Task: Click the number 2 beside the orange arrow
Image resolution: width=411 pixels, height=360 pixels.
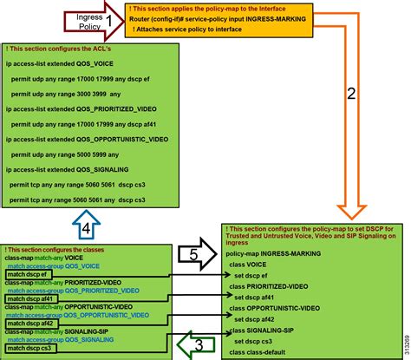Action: click(351, 95)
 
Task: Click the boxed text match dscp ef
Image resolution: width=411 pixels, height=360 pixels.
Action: click(32, 275)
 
